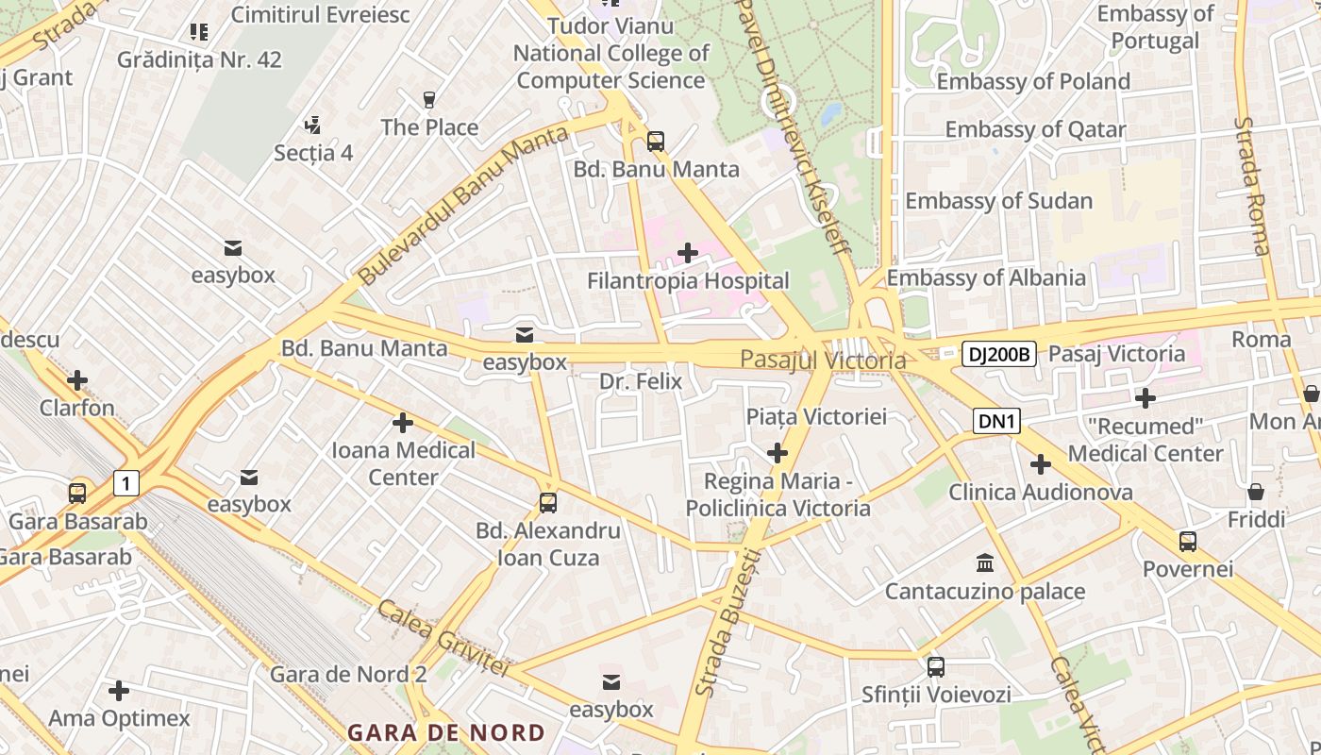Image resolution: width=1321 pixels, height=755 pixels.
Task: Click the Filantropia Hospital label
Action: click(688, 281)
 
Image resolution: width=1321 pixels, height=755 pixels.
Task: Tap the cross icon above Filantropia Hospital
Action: click(688, 253)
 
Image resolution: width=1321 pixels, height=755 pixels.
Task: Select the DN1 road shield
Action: click(996, 422)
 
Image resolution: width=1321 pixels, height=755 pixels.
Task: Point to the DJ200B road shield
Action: click(999, 355)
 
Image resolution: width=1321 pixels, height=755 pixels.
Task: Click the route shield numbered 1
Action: click(125, 484)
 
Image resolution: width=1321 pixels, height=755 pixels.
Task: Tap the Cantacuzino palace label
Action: click(984, 592)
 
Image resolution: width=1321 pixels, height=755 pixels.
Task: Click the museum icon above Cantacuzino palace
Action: click(985, 563)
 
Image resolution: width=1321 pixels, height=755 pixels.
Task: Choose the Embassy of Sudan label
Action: click(998, 201)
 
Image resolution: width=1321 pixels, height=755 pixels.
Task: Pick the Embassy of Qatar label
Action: click(1035, 129)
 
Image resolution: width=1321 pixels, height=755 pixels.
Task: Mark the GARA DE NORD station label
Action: click(445, 732)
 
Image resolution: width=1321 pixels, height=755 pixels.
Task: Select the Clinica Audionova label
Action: click(1040, 492)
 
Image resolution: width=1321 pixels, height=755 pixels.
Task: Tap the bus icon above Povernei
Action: click(1187, 542)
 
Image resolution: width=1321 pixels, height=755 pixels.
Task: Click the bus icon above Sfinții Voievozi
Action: click(935, 667)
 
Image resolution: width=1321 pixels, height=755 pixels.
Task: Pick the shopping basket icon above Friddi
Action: click(1256, 492)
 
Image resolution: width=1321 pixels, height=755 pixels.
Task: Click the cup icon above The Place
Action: click(429, 99)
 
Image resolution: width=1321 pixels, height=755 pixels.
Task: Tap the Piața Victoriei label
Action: click(816, 416)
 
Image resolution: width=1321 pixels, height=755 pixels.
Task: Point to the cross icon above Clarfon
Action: click(77, 380)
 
